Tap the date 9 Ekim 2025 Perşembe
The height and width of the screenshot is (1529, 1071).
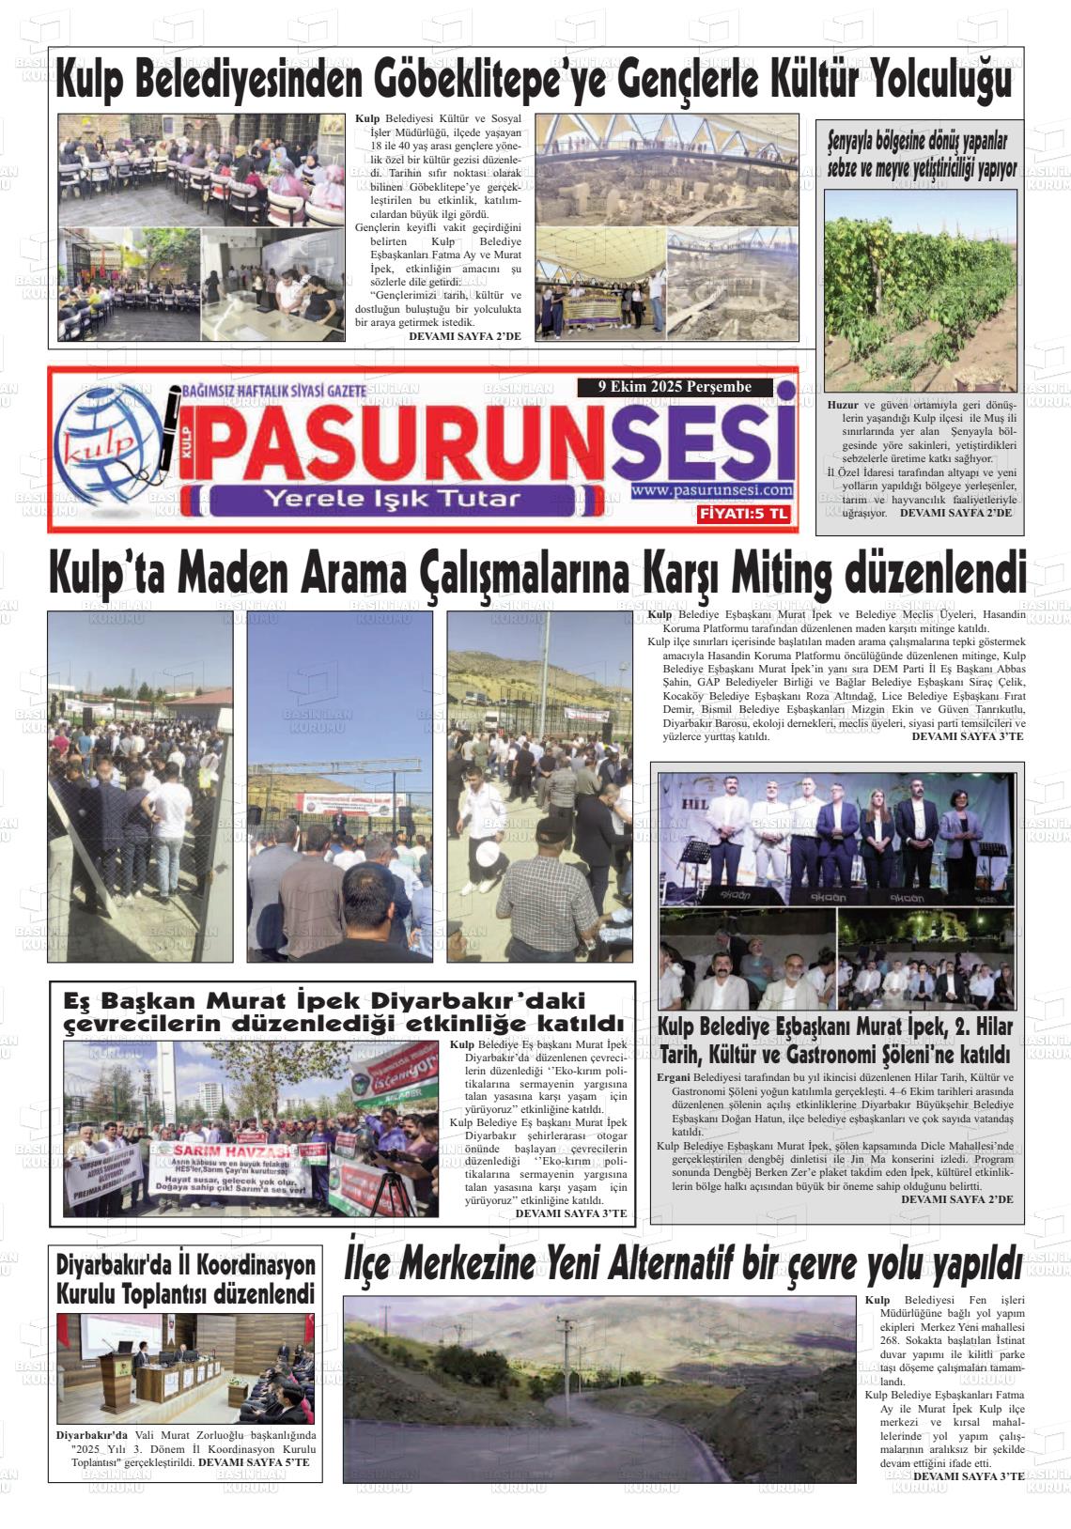click(x=675, y=386)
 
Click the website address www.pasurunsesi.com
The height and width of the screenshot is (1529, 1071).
click(x=712, y=490)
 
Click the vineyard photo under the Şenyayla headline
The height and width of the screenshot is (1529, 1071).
click(x=920, y=290)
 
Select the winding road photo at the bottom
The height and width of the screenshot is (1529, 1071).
click(x=599, y=1389)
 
